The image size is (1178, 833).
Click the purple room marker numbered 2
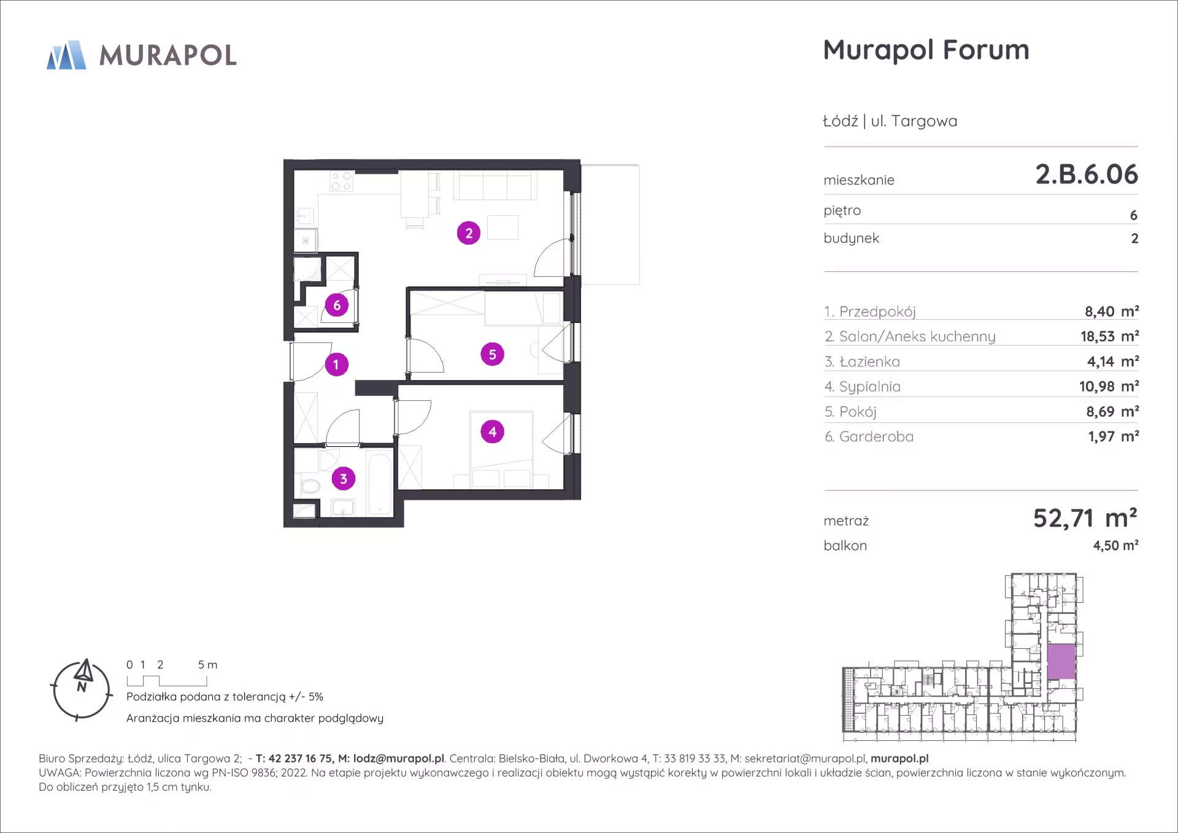[x=469, y=233]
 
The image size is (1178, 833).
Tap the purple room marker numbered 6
[x=337, y=305]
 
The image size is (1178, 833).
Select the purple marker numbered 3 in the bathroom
[x=344, y=479]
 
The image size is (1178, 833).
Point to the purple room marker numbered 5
[x=492, y=354]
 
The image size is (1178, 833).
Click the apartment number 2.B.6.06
[x=1087, y=174]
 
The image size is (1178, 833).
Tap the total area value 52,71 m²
[x=1085, y=519]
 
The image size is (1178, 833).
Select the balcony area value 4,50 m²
[x=1115, y=545]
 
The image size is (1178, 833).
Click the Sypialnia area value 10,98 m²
[x=1109, y=386]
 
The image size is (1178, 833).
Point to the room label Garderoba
[x=876, y=436]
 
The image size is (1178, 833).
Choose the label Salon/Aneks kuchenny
[x=917, y=336]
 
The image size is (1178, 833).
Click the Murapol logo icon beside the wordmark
[x=67, y=55]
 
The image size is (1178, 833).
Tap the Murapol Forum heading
[x=926, y=50]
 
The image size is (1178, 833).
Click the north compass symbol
[x=82, y=690]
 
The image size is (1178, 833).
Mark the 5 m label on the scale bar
[x=207, y=665]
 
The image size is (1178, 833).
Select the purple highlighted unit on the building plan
[x=1061, y=662]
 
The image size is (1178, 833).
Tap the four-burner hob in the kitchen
[x=342, y=182]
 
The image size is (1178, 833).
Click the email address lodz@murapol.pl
[x=399, y=759]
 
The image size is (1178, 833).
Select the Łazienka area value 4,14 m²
[x=1112, y=362]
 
